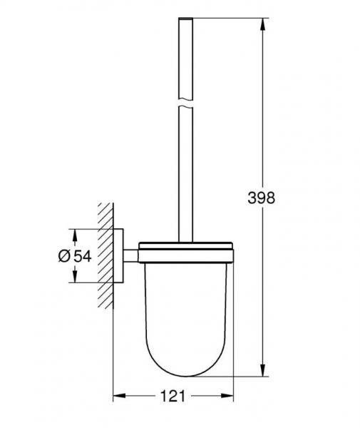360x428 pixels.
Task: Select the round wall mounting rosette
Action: [x=122, y=255]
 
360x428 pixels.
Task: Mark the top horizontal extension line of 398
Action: [x=228, y=18]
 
